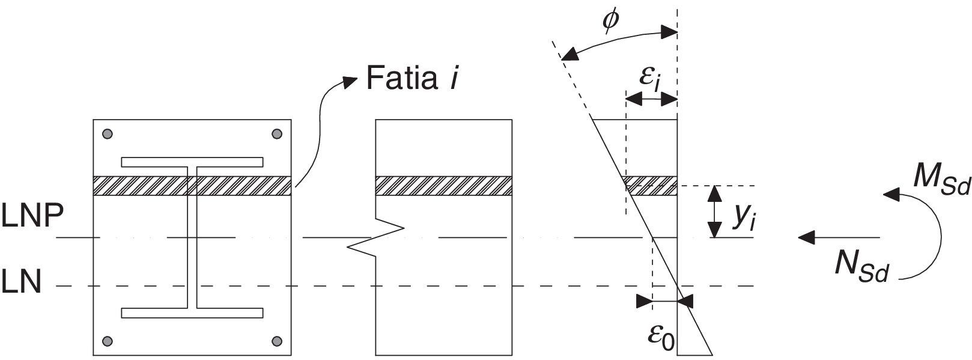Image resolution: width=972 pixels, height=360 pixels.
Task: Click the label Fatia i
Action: [412, 78]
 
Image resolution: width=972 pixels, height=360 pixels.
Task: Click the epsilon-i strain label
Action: [651, 79]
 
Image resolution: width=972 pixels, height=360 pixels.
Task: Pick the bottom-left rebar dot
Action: [108, 341]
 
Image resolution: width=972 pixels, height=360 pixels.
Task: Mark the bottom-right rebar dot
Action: [277, 341]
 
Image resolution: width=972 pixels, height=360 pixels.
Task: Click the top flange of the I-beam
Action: [192, 162]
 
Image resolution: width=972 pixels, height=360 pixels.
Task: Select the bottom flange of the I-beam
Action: [192, 313]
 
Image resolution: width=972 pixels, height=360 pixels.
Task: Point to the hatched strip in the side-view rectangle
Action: [443, 186]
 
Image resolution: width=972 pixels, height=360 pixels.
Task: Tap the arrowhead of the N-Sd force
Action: [806, 237]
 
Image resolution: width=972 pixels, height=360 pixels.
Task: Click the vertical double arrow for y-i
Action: [714, 212]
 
